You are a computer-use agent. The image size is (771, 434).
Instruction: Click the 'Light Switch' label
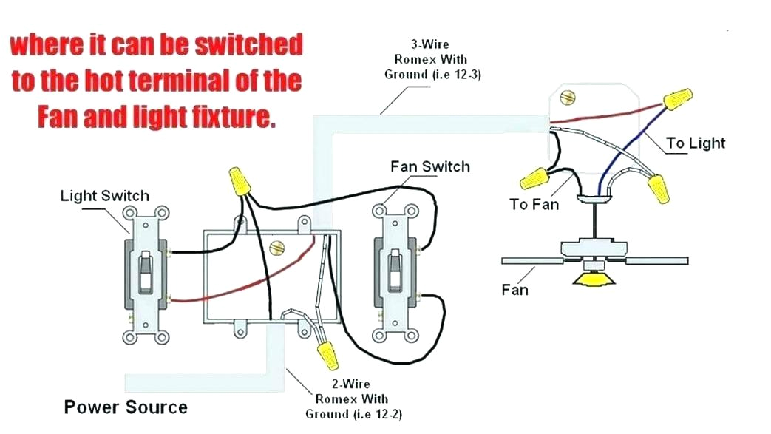[x=104, y=196]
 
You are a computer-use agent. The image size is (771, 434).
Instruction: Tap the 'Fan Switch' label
[x=429, y=166]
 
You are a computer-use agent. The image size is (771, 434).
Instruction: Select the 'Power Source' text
[x=126, y=407]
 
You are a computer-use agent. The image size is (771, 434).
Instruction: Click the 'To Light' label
[x=696, y=143]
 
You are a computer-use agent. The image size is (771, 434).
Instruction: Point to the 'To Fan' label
[x=534, y=204]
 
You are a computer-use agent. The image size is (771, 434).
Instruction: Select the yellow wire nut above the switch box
[x=239, y=180]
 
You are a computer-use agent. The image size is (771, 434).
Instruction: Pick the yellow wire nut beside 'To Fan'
[x=534, y=177]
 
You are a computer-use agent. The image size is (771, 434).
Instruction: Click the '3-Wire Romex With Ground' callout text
[x=432, y=59]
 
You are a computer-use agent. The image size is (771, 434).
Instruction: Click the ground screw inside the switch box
[x=278, y=248]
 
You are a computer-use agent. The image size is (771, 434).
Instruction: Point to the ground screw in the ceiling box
[x=568, y=97]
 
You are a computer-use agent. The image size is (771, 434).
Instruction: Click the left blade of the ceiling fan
[x=529, y=261]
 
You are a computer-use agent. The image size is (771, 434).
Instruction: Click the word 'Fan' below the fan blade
[x=514, y=290]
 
